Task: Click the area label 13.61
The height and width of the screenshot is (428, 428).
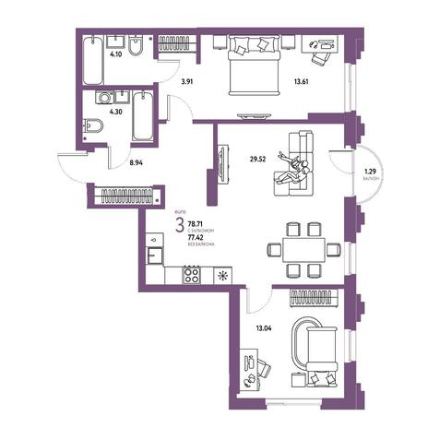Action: point(301,82)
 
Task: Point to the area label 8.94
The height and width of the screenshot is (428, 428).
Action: point(137,163)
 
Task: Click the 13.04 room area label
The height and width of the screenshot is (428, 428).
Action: point(264,328)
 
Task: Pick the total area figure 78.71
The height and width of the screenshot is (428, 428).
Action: point(194,224)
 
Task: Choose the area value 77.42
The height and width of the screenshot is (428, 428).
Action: point(195,237)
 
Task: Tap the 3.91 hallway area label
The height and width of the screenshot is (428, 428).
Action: point(187,82)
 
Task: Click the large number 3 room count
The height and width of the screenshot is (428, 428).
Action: point(180,225)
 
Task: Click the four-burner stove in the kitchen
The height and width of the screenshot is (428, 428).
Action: point(191,275)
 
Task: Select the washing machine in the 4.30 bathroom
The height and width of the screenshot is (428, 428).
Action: point(105,98)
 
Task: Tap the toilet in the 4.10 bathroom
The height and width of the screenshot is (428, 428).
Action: point(136,46)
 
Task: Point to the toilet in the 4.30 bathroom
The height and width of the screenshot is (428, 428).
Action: point(93,126)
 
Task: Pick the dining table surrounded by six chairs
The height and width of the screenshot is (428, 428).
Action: point(303,249)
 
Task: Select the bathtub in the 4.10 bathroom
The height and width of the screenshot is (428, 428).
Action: point(92,60)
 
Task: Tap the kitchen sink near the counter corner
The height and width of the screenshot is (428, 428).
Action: point(154,256)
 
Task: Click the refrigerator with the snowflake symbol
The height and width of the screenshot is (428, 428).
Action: point(222,275)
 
